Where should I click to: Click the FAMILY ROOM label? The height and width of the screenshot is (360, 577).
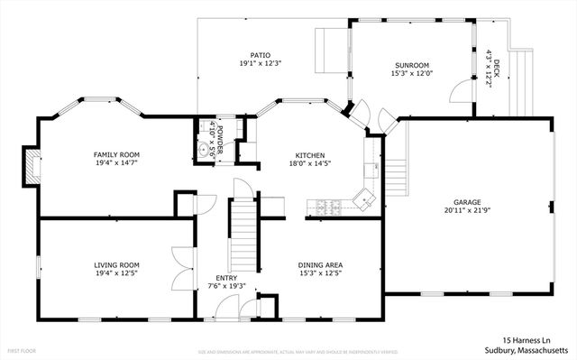116,154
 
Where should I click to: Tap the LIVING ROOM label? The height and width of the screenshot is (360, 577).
116,264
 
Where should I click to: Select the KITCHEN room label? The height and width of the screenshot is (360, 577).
309,154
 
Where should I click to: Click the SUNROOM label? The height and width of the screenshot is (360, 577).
411,65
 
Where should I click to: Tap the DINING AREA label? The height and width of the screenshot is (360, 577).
320,264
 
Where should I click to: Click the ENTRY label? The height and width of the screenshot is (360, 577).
225,278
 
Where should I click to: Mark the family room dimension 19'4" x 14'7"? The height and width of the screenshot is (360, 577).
116,163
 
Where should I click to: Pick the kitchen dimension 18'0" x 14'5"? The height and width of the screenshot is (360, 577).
309,163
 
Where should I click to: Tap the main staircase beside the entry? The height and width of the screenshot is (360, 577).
241,230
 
